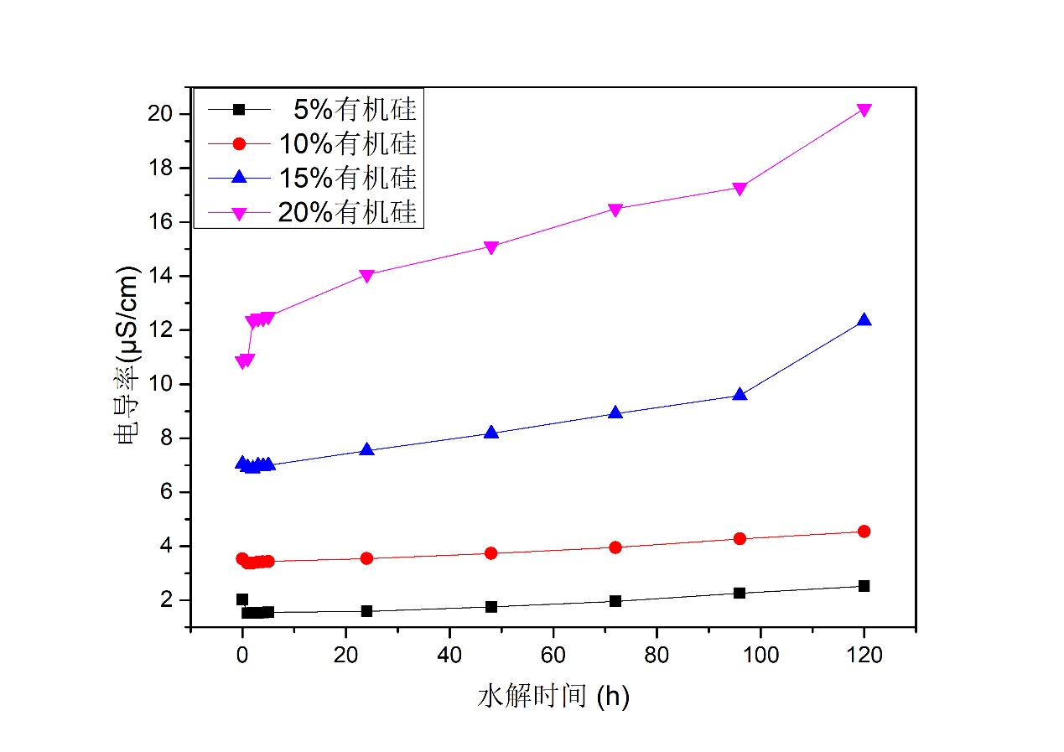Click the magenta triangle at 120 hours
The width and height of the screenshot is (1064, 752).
tap(864, 111)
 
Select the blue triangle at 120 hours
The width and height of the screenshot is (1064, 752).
tap(864, 320)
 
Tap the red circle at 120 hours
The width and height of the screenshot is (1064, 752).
tap(864, 532)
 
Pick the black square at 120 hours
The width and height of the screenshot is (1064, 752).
tap(864, 586)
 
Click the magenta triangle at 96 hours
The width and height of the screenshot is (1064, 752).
tap(740, 189)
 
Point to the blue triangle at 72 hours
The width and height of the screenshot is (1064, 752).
tap(615, 412)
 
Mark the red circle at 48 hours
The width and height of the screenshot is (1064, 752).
tap(491, 553)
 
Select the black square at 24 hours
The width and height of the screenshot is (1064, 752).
tap(366, 611)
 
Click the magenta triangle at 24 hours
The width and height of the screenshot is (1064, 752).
tap(366, 276)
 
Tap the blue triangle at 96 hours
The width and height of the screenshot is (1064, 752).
tap(740, 394)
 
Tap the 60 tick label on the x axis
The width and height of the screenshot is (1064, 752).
tap(553, 655)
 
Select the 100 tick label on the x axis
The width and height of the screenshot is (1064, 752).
tap(760, 655)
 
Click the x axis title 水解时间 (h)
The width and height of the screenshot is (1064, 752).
tap(553, 696)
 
